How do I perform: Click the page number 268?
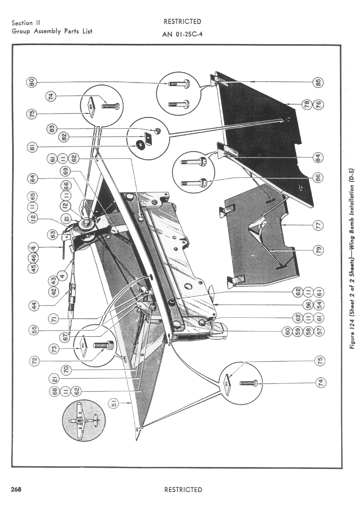click(16, 489)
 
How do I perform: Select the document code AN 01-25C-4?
click(183, 34)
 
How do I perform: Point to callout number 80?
click(32, 82)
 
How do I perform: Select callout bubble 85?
click(318, 82)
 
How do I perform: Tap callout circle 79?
click(318, 250)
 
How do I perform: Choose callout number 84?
click(318, 157)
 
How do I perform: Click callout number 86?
click(318, 177)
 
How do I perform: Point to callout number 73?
click(55, 349)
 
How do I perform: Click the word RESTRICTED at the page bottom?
click(183, 489)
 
